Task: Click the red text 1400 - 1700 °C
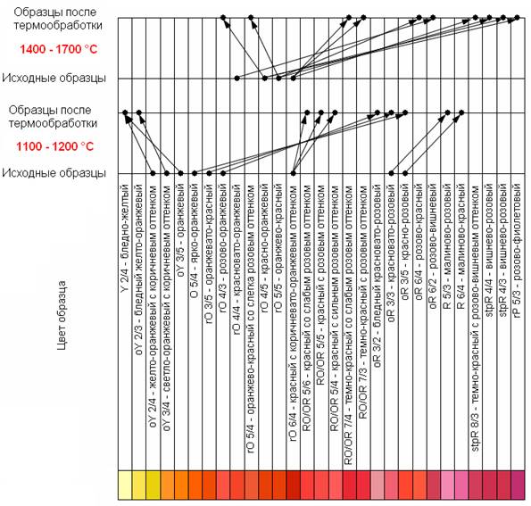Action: click(x=59, y=49)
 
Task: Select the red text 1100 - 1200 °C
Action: click(x=54, y=146)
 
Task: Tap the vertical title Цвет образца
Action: click(x=62, y=315)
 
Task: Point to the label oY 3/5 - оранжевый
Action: click(x=181, y=230)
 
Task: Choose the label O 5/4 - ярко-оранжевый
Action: click(x=195, y=241)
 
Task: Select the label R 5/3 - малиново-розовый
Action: click(x=447, y=246)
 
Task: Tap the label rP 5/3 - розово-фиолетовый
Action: click(x=518, y=251)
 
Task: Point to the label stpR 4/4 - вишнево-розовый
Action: click(x=489, y=250)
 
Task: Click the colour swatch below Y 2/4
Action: click(x=125, y=485)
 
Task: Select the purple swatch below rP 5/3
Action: click(x=518, y=485)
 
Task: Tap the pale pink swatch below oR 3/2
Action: click(x=378, y=485)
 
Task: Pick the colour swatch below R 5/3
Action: click(x=447, y=485)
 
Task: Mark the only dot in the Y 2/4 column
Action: click(x=125, y=112)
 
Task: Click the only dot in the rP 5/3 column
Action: click(x=517, y=17)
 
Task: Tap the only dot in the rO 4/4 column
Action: click(x=237, y=79)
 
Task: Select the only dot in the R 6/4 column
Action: click(x=461, y=112)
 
